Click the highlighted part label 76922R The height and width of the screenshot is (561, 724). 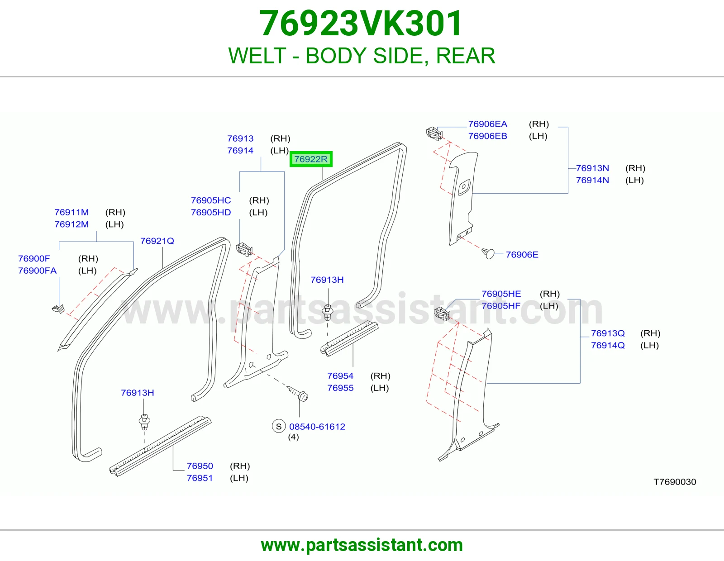click(311, 159)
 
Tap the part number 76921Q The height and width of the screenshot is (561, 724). click(157, 241)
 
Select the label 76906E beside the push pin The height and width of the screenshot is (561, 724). click(522, 255)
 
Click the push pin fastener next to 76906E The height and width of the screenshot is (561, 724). click(488, 253)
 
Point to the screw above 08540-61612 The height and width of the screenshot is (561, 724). click(299, 394)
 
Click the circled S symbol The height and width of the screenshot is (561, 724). click(279, 426)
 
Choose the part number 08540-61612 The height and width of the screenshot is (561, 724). click(317, 427)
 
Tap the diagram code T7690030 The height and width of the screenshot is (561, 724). click(675, 482)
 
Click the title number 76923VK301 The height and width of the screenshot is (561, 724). click(361, 23)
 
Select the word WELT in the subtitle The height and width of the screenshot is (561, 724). click(257, 56)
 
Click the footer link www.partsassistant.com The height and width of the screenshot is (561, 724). click(362, 545)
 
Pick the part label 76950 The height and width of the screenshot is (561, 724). click(200, 466)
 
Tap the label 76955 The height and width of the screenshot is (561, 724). click(340, 388)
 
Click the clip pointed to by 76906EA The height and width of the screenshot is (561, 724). click(434, 133)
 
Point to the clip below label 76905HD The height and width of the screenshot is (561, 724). click(244, 250)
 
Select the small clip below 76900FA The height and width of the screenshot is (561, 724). click(58, 309)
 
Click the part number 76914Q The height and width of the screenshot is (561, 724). click(608, 345)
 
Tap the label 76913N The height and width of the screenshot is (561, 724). click(592, 168)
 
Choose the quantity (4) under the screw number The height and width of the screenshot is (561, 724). click(293, 437)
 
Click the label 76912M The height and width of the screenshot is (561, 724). click(71, 224)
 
